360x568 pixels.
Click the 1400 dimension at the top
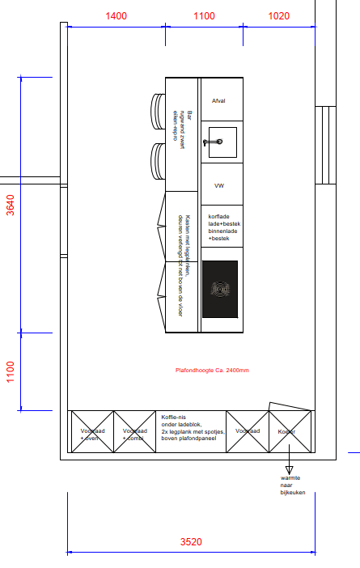(x=116, y=16)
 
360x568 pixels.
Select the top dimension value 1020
(x=278, y=16)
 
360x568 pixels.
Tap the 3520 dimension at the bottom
(x=190, y=542)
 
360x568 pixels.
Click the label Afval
(x=218, y=101)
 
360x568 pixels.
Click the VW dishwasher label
(x=218, y=186)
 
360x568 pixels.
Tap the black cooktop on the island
(x=220, y=289)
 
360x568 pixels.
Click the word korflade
(x=221, y=217)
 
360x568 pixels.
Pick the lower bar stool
(x=159, y=162)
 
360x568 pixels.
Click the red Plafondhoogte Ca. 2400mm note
(x=212, y=370)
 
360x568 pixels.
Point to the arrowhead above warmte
(x=289, y=469)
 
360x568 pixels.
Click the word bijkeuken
(x=293, y=493)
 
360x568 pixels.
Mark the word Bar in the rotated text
(x=190, y=114)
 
